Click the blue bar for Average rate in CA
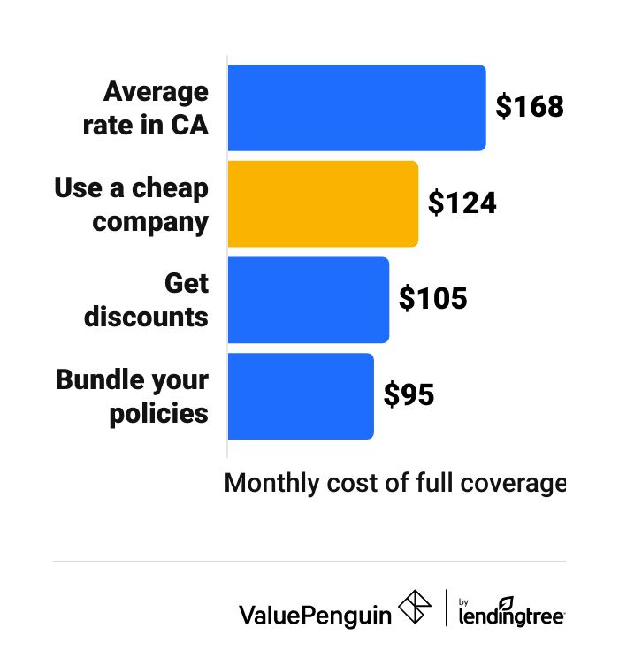(356, 107)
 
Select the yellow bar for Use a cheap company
(323, 203)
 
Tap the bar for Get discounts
(308, 299)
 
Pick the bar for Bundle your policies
(301, 395)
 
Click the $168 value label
(529, 107)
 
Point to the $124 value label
(462, 203)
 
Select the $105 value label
(432, 299)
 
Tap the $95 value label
(409, 395)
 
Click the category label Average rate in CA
(147, 107)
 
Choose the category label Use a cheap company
(132, 203)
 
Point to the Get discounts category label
(148, 299)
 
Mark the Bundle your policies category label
(133, 395)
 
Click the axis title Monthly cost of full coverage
(394, 484)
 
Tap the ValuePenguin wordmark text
(315, 614)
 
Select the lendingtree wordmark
(511, 616)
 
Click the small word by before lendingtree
(464, 601)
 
